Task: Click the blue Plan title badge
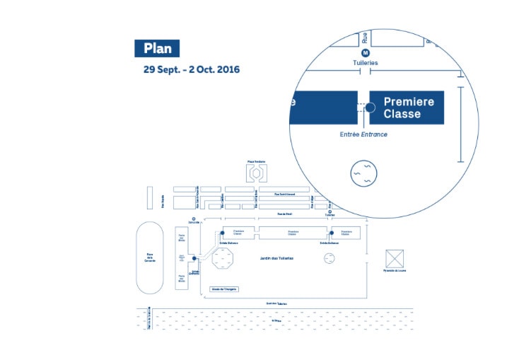click(x=157, y=48)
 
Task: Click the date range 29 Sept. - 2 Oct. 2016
click(x=192, y=69)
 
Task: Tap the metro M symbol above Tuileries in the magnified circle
click(x=366, y=53)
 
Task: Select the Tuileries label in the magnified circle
click(x=366, y=63)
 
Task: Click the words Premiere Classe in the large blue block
click(x=408, y=108)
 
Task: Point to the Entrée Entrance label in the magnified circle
click(x=363, y=134)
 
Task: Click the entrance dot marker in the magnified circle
click(x=370, y=107)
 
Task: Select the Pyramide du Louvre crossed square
click(x=395, y=258)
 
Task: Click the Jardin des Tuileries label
click(x=276, y=258)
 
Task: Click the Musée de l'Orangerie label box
click(x=224, y=289)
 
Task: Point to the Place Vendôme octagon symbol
click(x=255, y=172)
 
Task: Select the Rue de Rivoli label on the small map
click(x=285, y=214)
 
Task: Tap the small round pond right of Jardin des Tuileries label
click(x=329, y=259)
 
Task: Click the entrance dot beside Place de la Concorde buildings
click(x=193, y=259)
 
